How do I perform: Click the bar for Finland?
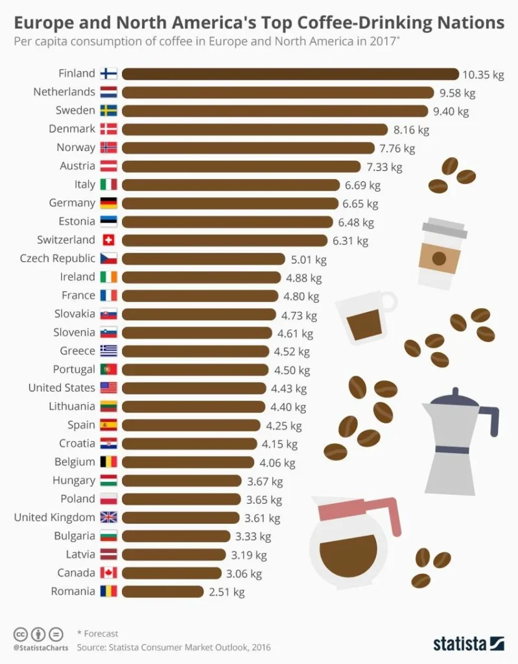tap(290, 74)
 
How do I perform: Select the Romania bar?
tap(162, 591)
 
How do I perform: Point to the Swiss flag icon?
tap(108, 241)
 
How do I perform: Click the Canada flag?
tap(108, 573)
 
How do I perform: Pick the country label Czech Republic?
tap(58, 259)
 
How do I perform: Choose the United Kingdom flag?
tap(108, 517)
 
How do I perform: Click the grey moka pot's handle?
tap(491, 420)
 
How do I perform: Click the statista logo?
tap(468, 643)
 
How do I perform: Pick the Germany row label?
tap(72, 204)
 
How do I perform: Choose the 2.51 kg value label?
tap(226, 592)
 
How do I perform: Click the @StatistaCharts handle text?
tap(40, 647)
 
